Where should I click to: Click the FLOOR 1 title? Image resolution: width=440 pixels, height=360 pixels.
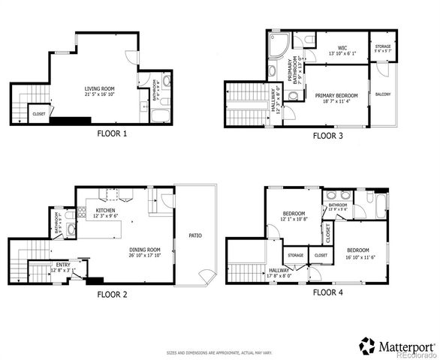click(x=113, y=134)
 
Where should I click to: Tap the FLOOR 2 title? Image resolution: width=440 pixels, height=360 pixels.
click(x=113, y=295)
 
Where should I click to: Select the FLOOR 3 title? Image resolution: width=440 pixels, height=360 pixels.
click(x=328, y=136)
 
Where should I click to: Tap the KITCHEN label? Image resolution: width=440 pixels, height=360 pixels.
click(x=106, y=211)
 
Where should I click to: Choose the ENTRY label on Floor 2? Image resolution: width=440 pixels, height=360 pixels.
click(x=63, y=265)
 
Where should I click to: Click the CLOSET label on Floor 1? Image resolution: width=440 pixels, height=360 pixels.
click(x=38, y=114)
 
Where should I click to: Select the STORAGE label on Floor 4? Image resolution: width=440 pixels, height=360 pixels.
click(x=295, y=255)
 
